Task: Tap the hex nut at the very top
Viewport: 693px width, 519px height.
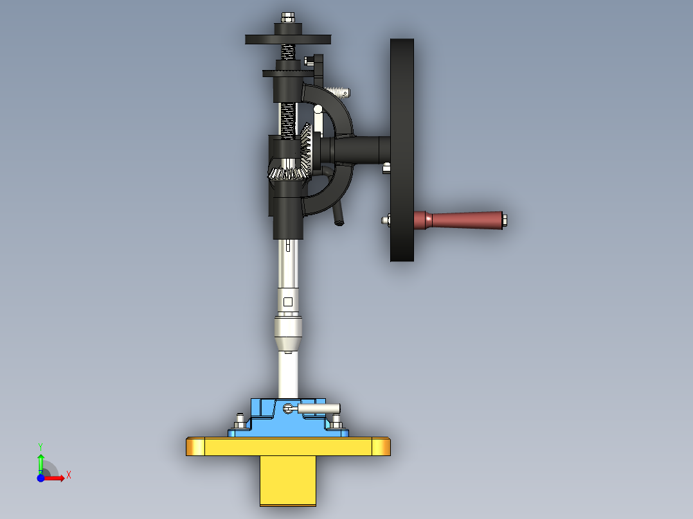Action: (x=288, y=17)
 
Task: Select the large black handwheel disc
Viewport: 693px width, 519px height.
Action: (x=402, y=150)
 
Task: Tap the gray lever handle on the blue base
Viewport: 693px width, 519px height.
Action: (x=319, y=408)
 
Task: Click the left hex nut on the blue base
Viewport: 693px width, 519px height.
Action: (x=239, y=421)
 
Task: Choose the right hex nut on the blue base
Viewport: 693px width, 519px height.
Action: (x=336, y=421)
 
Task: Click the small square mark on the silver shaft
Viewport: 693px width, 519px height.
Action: (x=288, y=302)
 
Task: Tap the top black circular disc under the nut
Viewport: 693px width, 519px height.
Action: (x=288, y=39)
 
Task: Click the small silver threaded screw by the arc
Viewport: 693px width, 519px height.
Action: (x=338, y=91)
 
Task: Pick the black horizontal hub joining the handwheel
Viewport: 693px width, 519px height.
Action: (x=360, y=150)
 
